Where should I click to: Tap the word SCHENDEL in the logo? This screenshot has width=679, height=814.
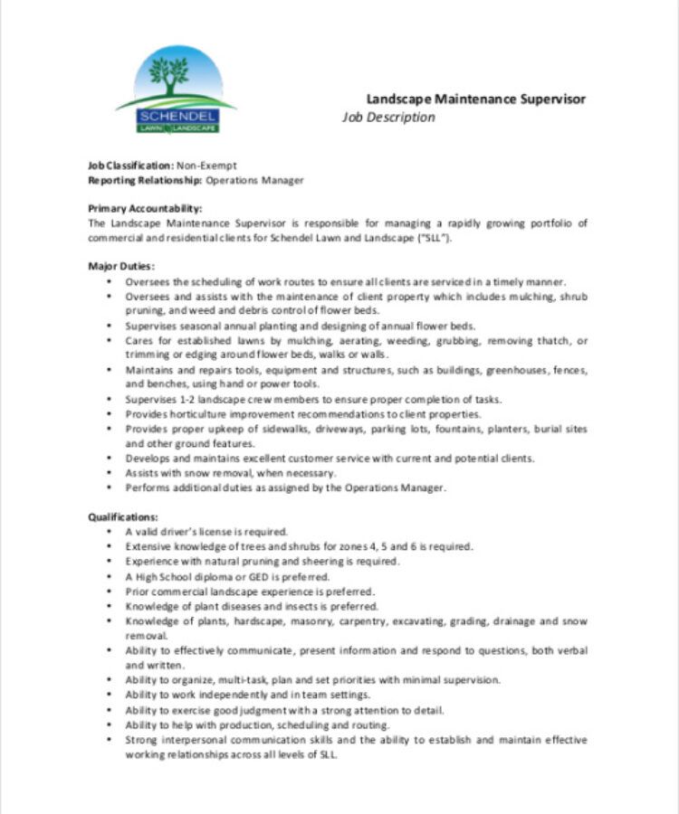[x=177, y=117]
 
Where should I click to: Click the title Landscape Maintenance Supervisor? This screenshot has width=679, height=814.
[x=475, y=99]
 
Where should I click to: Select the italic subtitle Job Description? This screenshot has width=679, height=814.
[x=387, y=118]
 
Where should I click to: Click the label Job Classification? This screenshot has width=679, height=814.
[x=129, y=166]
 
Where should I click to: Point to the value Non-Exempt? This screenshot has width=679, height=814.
[x=206, y=166]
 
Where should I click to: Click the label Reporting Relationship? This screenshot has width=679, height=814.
[x=144, y=180]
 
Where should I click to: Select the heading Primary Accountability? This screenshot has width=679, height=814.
[x=144, y=208]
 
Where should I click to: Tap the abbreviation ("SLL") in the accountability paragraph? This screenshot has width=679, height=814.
[x=432, y=237]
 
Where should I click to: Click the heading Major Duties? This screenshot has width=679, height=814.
[x=121, y=266]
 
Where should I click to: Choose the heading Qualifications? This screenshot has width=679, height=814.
[x=123, y=516]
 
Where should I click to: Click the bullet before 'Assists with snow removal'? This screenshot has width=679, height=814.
[x=110, y=472]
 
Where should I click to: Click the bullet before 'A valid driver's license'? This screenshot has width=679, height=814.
[x=110, y=532]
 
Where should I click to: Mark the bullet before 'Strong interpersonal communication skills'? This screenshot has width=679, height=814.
[x=110, y=740]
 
